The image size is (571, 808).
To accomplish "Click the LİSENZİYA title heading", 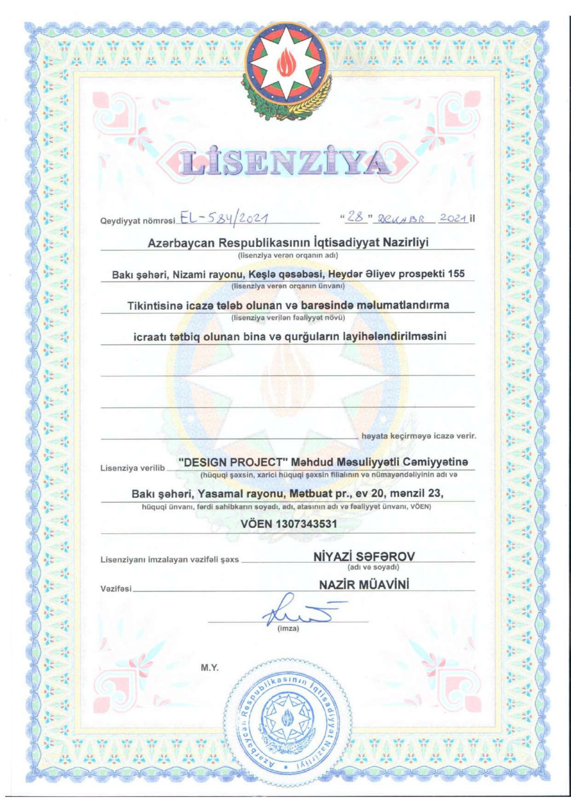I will click(285, 163).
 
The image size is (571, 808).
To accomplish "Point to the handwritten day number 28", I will click(355, 217).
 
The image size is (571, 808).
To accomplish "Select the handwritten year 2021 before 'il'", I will click(453, 218).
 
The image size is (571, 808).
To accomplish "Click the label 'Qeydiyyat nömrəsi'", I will click(138, 221).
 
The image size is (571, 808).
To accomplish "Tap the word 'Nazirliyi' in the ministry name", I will click(406, 242).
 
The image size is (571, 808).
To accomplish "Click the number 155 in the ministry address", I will click(456, 274).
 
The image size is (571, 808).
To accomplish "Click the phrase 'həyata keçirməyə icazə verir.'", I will click(419, 436).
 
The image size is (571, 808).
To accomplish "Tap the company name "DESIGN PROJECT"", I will click(233, 462).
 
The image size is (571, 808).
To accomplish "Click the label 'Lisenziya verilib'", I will click(132, 468).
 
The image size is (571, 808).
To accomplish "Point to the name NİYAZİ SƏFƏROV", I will click(364, 556).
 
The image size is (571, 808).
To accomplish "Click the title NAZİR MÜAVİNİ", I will click(364, 585).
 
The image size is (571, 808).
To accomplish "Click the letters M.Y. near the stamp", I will click(210, 668).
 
